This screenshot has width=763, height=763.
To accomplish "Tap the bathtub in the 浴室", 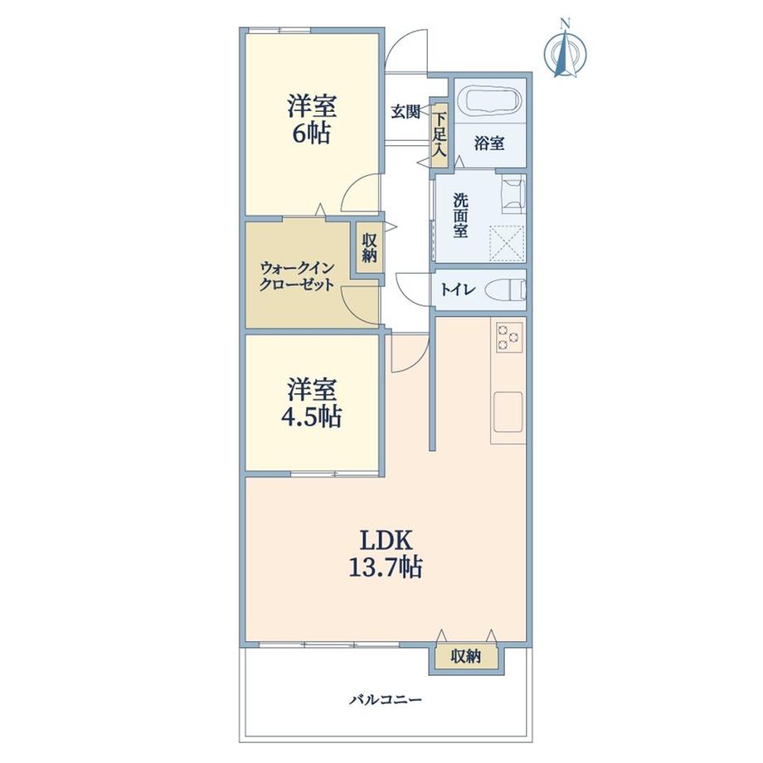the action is pos(490,101).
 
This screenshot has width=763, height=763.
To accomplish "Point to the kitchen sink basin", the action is pos(508,411).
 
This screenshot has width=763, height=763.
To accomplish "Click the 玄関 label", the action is pos(406,113).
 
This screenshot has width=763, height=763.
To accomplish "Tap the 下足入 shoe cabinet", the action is pos(440,135).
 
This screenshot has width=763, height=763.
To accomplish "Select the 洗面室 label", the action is pos(459,216).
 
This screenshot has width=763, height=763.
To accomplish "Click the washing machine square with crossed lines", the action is pos(507,243).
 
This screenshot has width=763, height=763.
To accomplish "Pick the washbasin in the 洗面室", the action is pos(513,194).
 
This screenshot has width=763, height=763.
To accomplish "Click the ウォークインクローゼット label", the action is pos(296,275).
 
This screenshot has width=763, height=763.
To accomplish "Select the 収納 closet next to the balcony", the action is pos(466,657).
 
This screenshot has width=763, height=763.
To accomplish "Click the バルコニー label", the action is pos(386,700).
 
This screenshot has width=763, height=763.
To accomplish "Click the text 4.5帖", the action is pos(312,417).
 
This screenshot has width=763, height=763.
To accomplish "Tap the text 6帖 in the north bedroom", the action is pos(312,133).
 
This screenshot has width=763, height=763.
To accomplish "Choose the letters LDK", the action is pos(386,539).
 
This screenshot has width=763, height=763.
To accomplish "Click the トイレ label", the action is pos(458,290).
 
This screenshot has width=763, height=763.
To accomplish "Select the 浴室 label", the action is pos(489,143).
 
